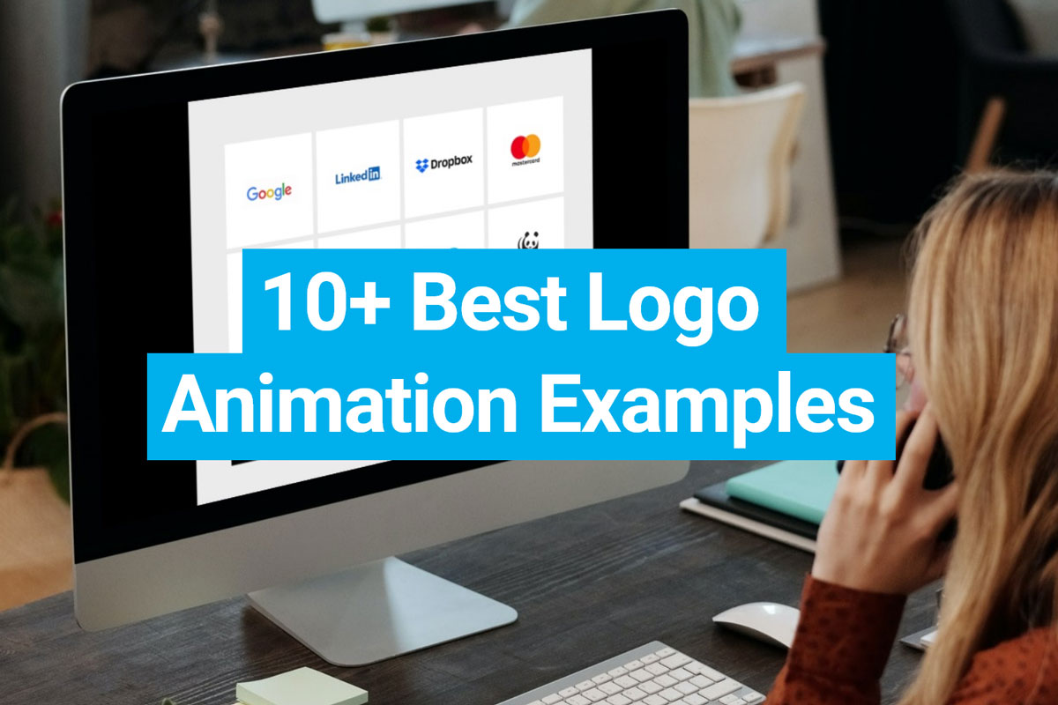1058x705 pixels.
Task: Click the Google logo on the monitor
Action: point(269,192)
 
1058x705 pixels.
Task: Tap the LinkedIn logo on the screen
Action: point(358,175)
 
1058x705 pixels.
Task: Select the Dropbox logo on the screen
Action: point(443,162)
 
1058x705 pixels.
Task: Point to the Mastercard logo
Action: point(525,149)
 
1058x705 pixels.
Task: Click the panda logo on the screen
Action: point(528,241)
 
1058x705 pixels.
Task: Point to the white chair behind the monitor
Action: point(749,159)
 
